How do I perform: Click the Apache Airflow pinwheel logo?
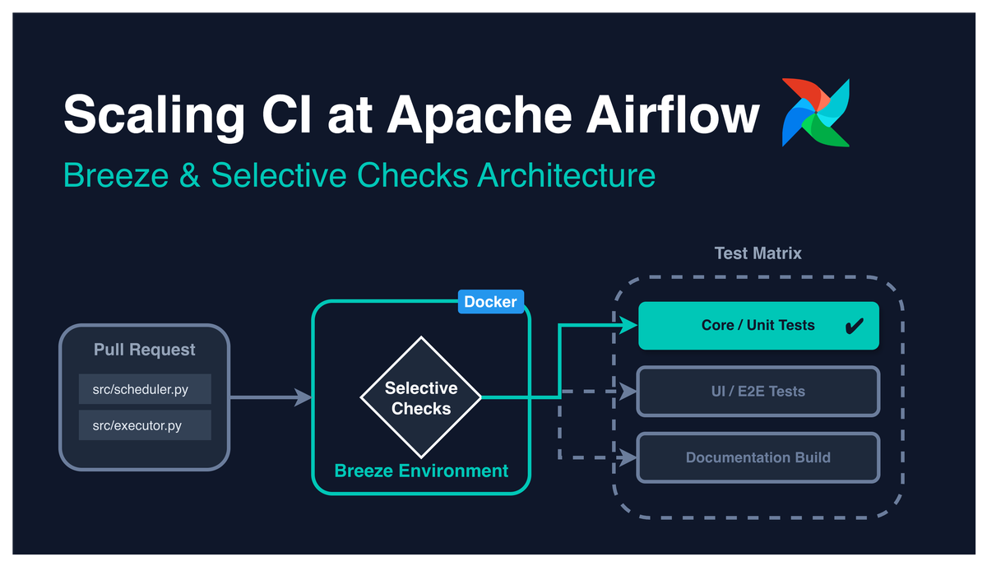point(816,113)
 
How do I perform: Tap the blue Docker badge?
point(490,302)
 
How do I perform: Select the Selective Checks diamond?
point(421,398)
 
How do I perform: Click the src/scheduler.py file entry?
point(145,389)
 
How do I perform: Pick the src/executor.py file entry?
point(145,425)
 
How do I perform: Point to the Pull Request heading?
point(145,350)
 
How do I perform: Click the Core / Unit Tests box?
point(758,326)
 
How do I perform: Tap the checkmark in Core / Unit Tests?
point(854,327)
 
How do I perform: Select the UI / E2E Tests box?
point(758,392)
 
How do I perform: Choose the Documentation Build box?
point(758,457)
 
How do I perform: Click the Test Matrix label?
point(758,253)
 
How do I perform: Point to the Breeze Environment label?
point(421,471)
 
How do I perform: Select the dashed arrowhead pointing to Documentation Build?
point(631,457)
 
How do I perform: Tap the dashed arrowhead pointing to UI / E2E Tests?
point(631,392)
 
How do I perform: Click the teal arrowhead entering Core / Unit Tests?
point(631,326)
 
